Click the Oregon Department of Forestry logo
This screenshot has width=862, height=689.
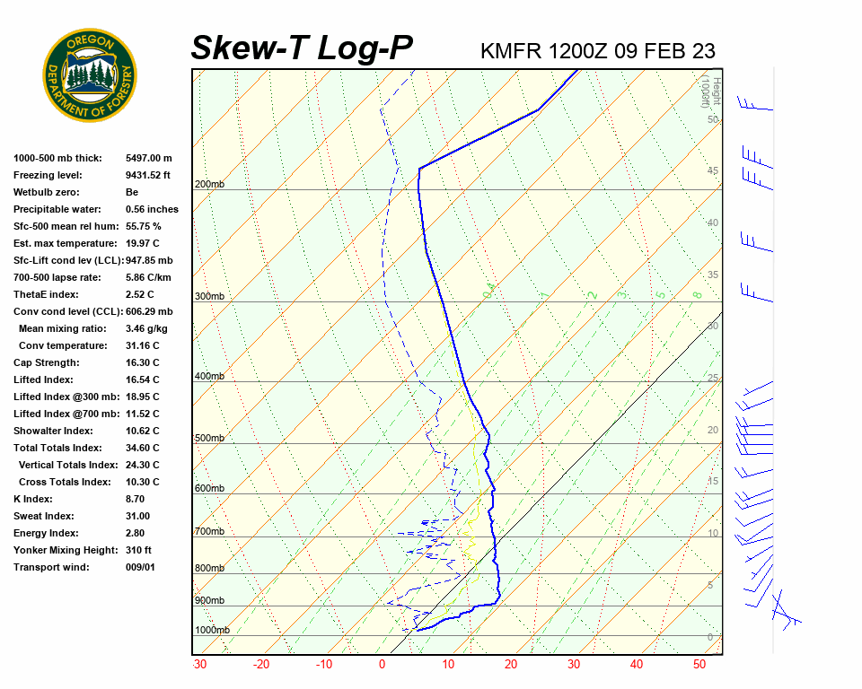(x=90, y=75)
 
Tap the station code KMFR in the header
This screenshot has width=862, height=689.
(x=511, y=50)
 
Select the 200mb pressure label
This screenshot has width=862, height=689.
(x=209, y=185)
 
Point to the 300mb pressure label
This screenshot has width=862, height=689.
(x=209, y=296)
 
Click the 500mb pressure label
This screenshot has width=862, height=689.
(x=209, y=438)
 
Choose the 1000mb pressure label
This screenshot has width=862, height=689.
(x=212, y=630)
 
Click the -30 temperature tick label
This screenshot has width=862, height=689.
(x=199, y=665)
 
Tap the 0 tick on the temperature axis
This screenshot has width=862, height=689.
(x=382, y=665)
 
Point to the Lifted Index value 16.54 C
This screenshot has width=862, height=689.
(x=143, y=379)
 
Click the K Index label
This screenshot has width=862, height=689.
(x=33, y=499)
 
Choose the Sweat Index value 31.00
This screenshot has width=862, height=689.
(x=137, y=516)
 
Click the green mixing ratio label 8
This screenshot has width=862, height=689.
(x=697, y=294)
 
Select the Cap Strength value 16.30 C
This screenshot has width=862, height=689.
(x=143, y=362)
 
